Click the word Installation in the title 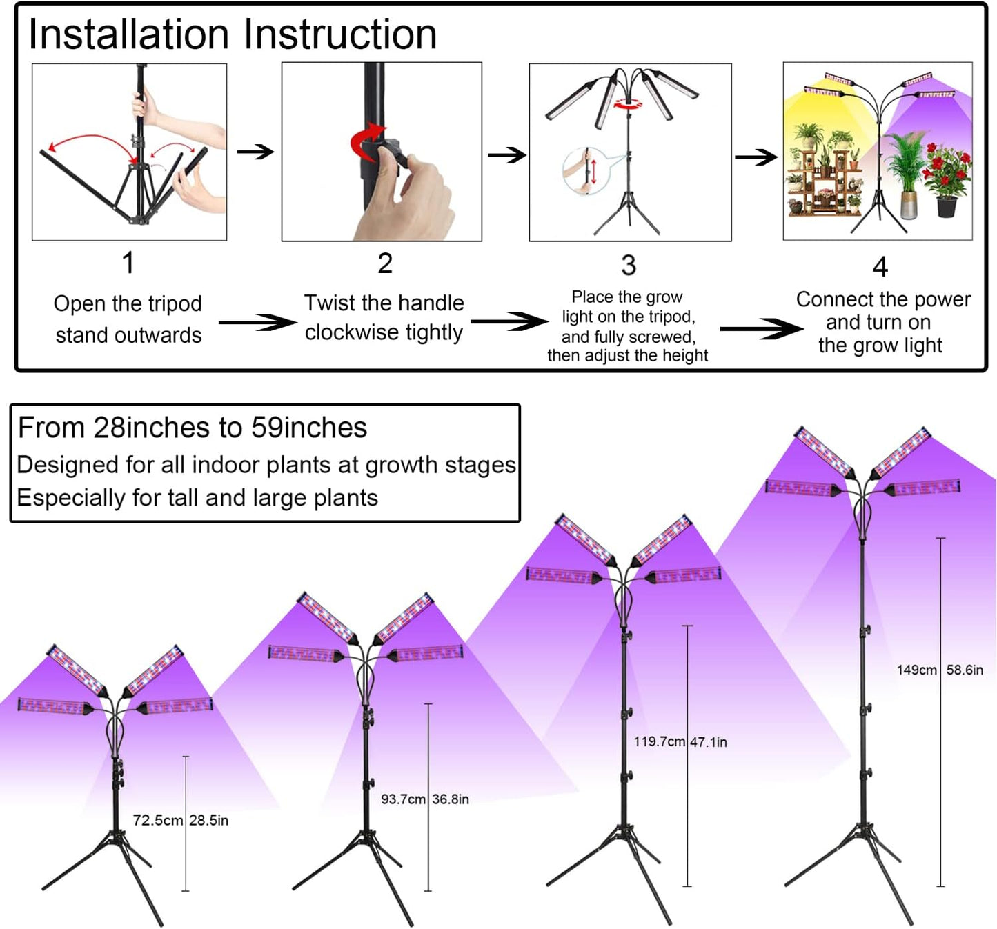coord(129,34)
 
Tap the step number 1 coord(128,263)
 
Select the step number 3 coord(629,265)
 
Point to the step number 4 coord(880,267)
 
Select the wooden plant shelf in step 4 coord(823,181)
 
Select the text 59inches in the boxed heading coord(308,428)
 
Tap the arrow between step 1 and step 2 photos coord(255,151)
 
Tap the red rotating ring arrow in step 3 coord(629,104)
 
